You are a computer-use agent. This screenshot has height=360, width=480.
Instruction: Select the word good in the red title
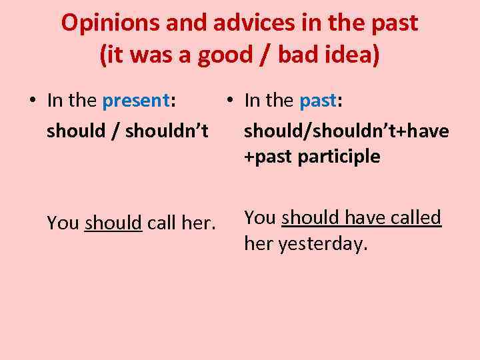click(x=225, y=55)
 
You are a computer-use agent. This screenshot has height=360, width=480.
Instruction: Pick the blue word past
click(x=319, y=101)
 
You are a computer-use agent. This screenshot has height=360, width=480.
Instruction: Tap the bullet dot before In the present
click(x=32, y=101)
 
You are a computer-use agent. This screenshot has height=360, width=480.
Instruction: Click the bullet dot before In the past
click(x=228, y=101)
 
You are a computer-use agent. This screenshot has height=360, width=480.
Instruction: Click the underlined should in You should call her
click(x=113, y=223)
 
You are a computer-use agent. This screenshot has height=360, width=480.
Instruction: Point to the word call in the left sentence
click(x=160, y=223)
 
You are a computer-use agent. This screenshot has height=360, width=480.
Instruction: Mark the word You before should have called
click(x=260, y=217)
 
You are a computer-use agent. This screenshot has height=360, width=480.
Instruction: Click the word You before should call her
click(x=63, y=223)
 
